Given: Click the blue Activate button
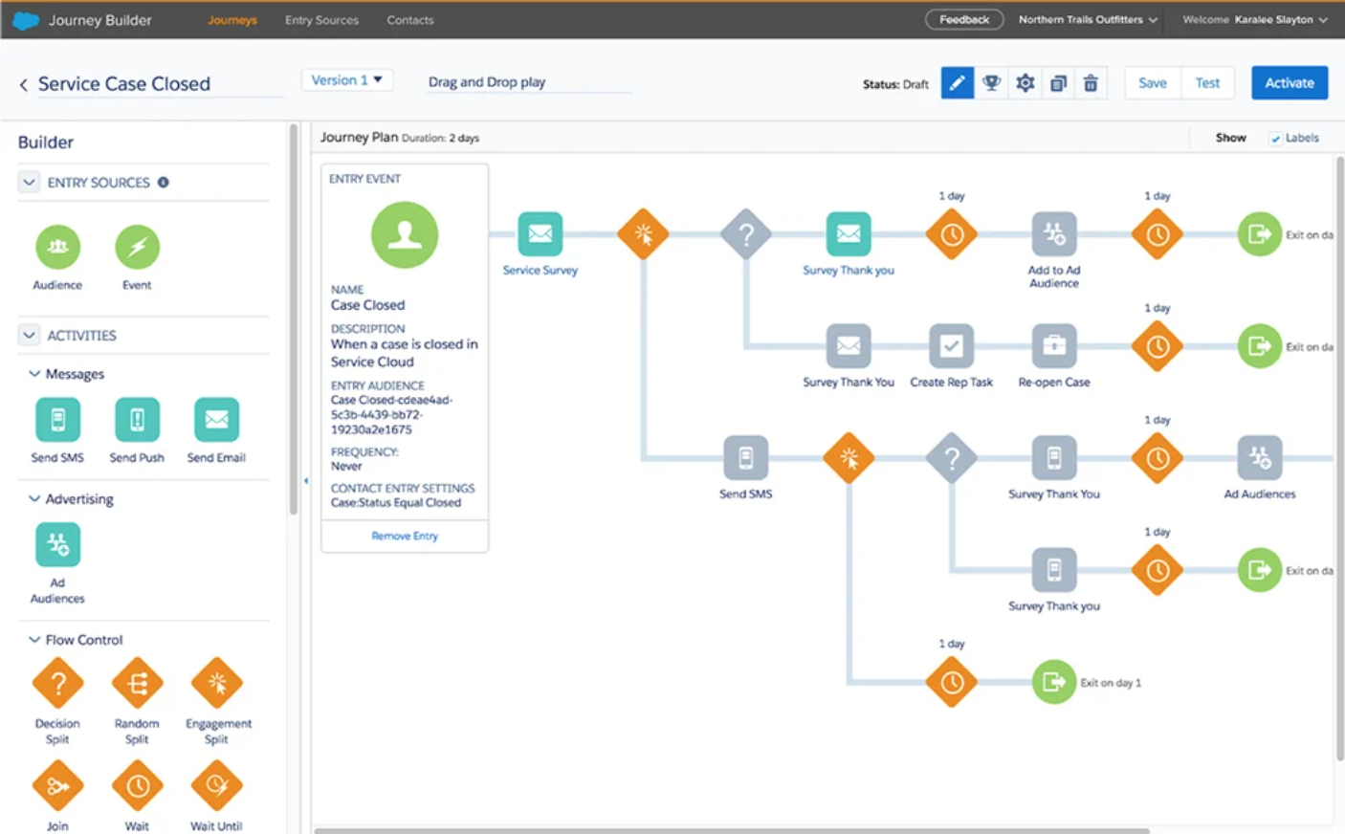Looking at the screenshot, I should (1289, 83).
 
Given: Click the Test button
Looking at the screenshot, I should (1207, 83).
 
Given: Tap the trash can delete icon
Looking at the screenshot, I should (1091, 83).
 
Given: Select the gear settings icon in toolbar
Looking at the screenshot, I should (1025, 83).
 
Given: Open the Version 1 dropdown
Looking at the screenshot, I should (346, 80).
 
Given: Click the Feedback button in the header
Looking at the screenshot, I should (963, 19).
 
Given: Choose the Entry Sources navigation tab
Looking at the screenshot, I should (321, 20).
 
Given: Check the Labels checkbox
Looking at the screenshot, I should (1275, 139).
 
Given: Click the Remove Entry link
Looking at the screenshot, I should (405, 537).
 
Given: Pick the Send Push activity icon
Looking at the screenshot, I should (137, 420).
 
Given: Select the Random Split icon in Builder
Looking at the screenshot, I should (137, 684).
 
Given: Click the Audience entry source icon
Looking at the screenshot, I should (57, 247).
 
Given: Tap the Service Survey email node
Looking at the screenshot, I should (540, 233).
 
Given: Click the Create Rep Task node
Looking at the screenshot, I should (951, 346).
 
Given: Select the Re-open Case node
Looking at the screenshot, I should (1054, 346).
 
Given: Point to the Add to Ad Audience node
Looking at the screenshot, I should (1054, 233).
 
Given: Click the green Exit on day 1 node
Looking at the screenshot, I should (1054, 682).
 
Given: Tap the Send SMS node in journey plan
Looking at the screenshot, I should (745, 458).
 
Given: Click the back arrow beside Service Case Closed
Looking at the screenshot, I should (24, 85).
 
